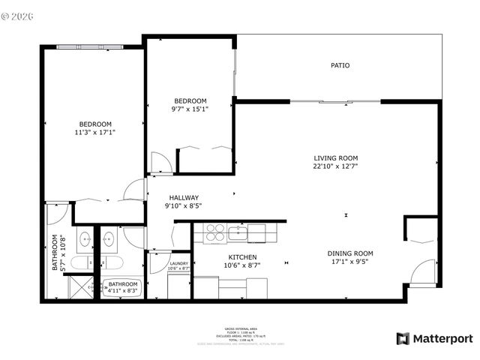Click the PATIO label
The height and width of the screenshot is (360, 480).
coord(340,65)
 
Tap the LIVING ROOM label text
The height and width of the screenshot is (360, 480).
coord(335,157)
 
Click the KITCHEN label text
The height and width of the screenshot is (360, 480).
coord(242,257)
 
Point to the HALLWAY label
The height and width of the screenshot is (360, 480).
coord(183,198)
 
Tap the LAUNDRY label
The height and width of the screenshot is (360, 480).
coord(178,263)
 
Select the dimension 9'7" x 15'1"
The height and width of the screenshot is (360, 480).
coord(190,109)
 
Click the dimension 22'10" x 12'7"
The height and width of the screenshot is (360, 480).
coord(335,166)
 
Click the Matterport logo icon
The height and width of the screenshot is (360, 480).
coord(403,338)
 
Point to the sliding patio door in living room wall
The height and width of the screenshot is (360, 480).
coord(334,101)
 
